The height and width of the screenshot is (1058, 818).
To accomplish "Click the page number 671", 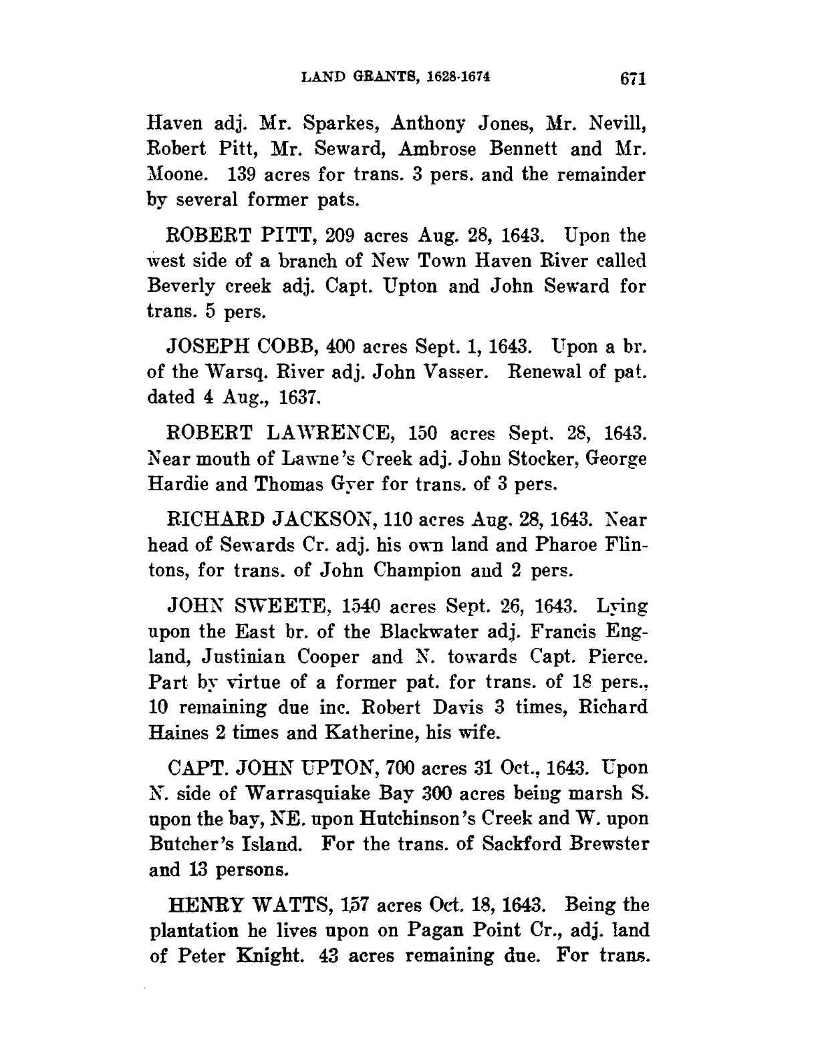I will (x=631, y=79).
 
